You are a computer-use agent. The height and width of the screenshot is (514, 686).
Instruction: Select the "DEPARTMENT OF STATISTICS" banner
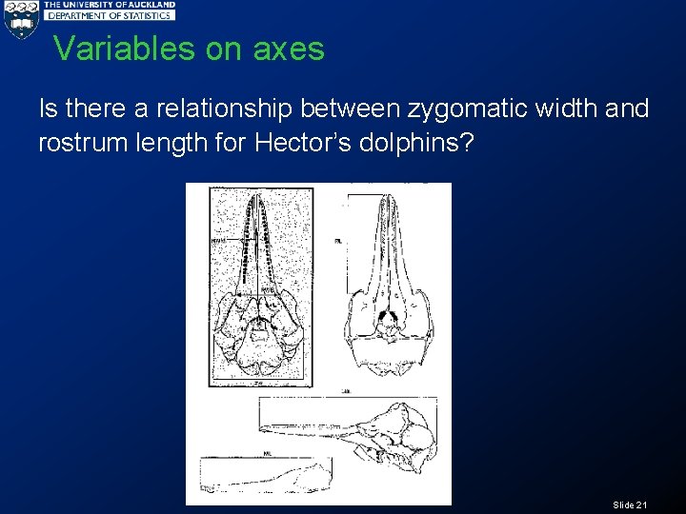[110, 16]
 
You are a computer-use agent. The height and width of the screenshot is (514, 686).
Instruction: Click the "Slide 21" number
[630, 504]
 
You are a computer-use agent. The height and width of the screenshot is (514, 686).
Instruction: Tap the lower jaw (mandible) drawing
[267, 472]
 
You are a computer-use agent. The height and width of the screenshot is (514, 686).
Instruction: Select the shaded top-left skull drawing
[260, 286]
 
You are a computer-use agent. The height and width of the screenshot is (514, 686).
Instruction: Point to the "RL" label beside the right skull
[338, 242]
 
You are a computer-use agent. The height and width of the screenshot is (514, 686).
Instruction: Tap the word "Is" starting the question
[48, 109]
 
